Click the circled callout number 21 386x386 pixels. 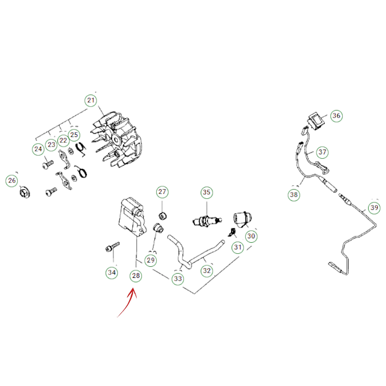click(x=91, y=100)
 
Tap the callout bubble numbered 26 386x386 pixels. click(x=12, y=180)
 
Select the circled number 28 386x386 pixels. click(x=136, y=276)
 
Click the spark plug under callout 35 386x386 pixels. click(x=207, y=220)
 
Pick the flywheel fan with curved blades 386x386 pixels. click(x=117, y=139)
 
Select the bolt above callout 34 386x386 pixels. click(x=112, y=247)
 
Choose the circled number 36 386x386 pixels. click(x=336, y=116)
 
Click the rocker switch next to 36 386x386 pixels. click(x=316, y=121)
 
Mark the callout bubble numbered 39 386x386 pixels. click(x=374, y=208)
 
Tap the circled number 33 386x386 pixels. click(x=178, y=279)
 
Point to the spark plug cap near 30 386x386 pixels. click(x=243, y=219)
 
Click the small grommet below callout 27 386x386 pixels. click(x=163, y=216)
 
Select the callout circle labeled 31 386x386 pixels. click(x=237, y=247)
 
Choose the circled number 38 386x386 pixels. click(x=294, y=195)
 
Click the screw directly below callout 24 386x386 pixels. click(x=48, y=165)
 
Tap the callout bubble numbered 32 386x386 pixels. click(x=207, y=271)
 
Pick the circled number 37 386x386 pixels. click(x=322, y=152)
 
